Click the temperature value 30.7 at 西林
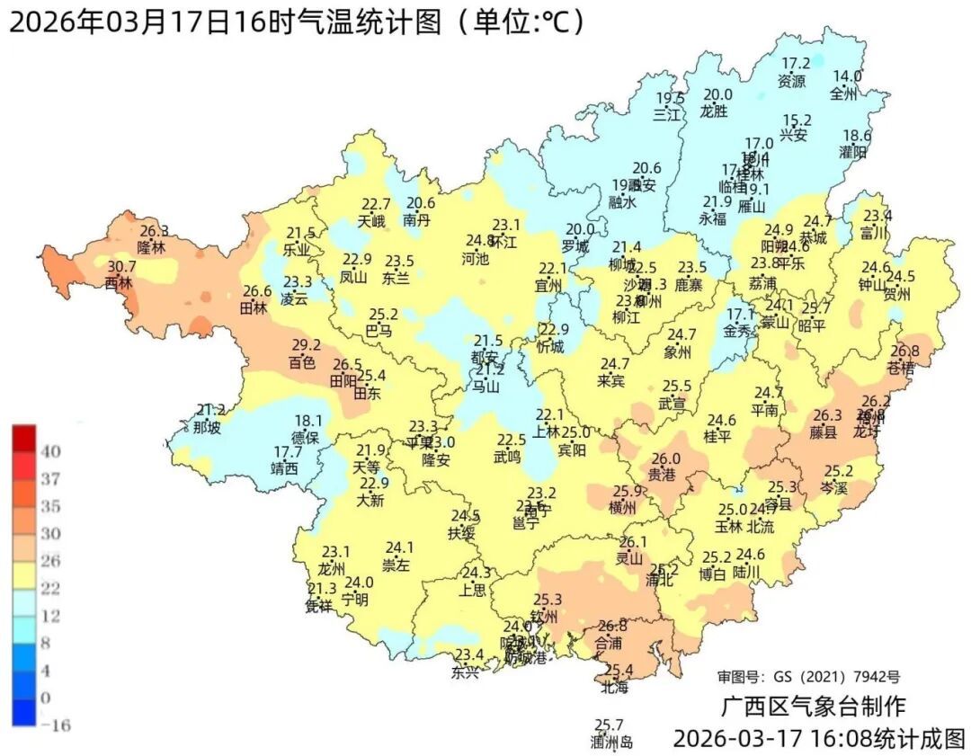[x=121, y=267]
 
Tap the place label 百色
[x=301, y=363]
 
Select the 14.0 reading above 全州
[x=846, y=76]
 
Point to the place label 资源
[x=792, y=81]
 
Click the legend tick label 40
[x=50, y=451]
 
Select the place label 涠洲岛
[x=611, y=743]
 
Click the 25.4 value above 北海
[x=618, y=671]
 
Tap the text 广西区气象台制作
[x=813, y=706]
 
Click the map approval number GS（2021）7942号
[x=808, y=676]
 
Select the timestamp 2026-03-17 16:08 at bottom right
[x=772, y=739]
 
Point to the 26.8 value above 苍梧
[x=904, y=351]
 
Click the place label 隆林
[x=152, y=247]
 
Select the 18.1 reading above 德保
[x=308, y=421]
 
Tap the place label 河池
[x=475, y=259]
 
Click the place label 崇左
[x=396, y=565]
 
